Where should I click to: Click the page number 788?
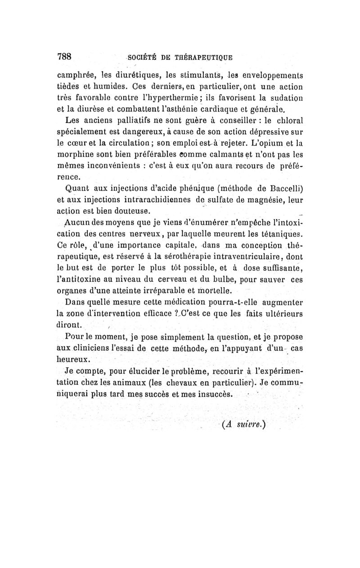pos(64,56)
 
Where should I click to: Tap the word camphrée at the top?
pos(74,75)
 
